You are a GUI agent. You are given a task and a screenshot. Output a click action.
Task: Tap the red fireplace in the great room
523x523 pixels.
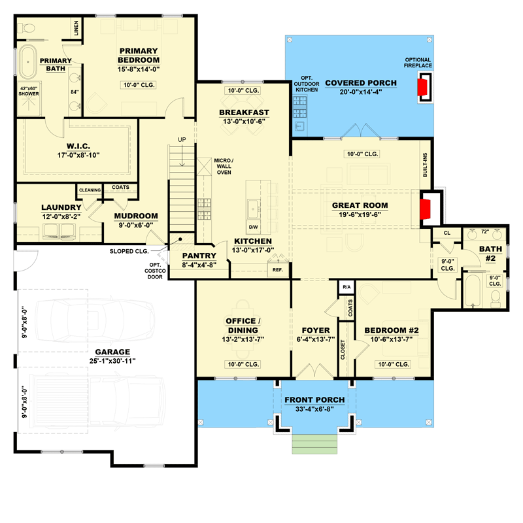[424, 208]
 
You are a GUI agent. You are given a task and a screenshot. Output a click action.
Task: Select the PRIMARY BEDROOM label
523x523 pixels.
[138, 56]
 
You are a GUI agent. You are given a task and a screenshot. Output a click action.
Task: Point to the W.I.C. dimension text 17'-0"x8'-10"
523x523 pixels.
[82, 156]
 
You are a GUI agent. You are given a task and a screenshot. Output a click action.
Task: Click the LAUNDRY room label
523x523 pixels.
[61, 208]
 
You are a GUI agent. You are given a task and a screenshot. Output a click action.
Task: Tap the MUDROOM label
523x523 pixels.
[136, 216]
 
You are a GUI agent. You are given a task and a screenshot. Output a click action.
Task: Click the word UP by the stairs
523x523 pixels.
[183, 139]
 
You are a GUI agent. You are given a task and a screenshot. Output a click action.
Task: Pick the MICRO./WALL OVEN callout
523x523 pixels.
[226, 167]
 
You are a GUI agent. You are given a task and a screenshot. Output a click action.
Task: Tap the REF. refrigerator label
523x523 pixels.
[278, 269]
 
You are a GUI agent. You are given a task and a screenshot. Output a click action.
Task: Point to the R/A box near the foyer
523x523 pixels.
[345, 287]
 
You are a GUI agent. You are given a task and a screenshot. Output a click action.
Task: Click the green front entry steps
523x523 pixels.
[313, 444]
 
